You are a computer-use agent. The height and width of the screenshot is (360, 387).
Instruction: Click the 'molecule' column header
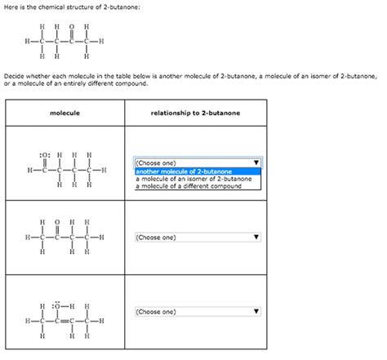click(64, 113)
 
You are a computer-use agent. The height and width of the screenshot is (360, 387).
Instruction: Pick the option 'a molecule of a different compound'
click(189, 186)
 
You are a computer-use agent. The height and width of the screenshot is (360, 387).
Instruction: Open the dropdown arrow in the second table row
click(256, 238)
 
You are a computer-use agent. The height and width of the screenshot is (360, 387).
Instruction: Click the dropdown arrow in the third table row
click(256, 312)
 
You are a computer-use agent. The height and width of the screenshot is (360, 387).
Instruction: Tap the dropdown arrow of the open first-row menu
click(256, 162)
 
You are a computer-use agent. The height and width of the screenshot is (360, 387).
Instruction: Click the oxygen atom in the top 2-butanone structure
click(72, 24)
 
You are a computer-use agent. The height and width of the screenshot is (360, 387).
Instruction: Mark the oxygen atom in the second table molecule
click(58, 221)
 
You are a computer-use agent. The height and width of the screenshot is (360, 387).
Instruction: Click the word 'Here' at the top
click(11, 7)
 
